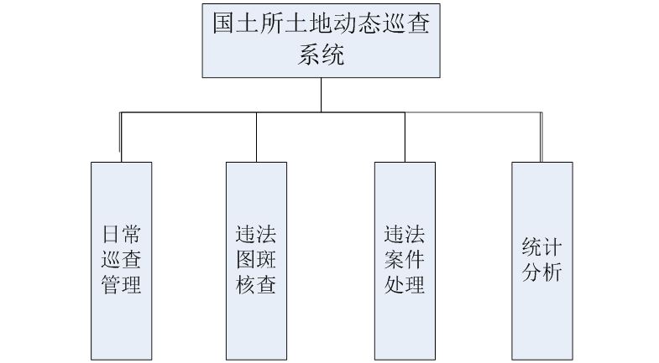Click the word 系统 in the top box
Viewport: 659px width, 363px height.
click(321, 55)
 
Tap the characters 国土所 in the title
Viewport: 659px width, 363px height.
click(243, 23)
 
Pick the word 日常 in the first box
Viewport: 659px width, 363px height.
click(122, 231)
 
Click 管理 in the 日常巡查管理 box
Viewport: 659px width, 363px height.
click(122, 283)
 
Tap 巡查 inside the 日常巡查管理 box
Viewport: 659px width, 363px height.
click(122, 257)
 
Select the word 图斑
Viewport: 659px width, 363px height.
click(256, 257)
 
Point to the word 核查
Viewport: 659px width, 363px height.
click(256, 283)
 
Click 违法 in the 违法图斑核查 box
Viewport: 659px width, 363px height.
click(256, 231)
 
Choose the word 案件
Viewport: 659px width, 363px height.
click(405, 257)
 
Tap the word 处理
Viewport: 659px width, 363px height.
click(405, 283)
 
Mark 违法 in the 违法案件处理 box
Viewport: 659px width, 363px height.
click(405, 231)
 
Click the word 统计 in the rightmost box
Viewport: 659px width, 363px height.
click(542, 246)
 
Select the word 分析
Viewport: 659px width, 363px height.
click(542, 272)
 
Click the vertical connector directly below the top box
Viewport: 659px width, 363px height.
click(321, 92)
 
